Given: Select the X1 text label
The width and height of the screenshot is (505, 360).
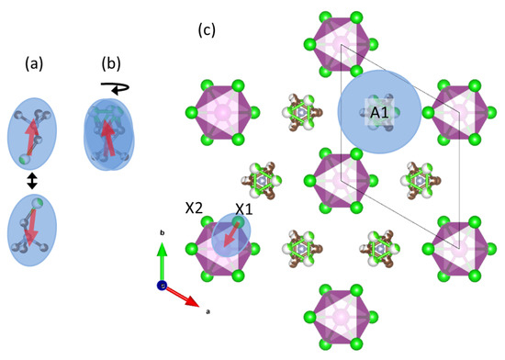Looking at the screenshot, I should click(x=242, y=210).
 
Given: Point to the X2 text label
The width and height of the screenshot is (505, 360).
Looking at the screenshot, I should click(x=193, y=209).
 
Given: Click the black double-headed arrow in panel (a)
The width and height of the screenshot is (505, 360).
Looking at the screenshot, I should click(x=33, y=182).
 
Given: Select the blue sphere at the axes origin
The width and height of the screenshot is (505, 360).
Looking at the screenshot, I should click(x=163, y=286).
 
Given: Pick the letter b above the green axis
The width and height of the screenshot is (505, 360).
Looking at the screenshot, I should click(x=162, y=234).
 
